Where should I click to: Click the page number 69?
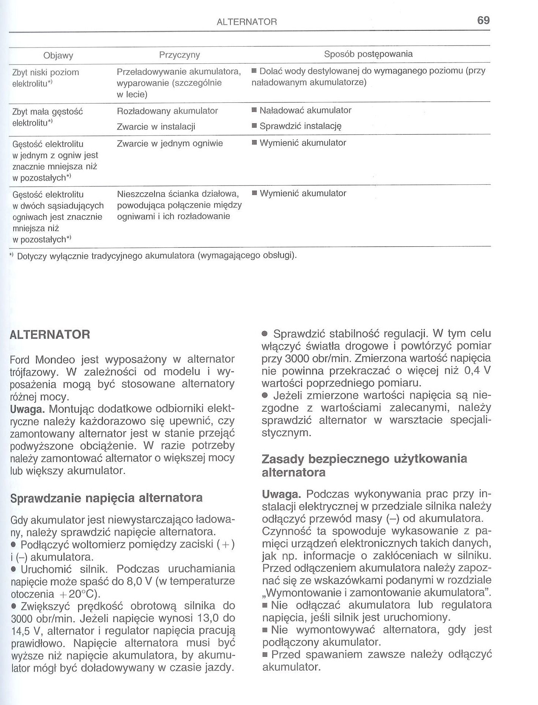[x=483, y=20]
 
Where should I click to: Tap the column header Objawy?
[x=58, y=56]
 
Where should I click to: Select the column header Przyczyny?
[x=179, y=55]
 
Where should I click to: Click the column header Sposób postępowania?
[x=368, y=54]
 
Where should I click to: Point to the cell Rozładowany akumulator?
[x=167, y=111]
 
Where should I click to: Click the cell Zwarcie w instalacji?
[x=156, y=126]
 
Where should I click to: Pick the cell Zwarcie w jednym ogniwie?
[x=170, y=143]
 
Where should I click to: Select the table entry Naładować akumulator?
[x=305, y=110]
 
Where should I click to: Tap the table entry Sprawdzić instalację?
[x=301, y=126]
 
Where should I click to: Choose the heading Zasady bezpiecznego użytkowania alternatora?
[x=364, y=466]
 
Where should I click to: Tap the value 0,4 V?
[x=478, y=370]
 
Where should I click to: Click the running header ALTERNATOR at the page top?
[x=247, y=22]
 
